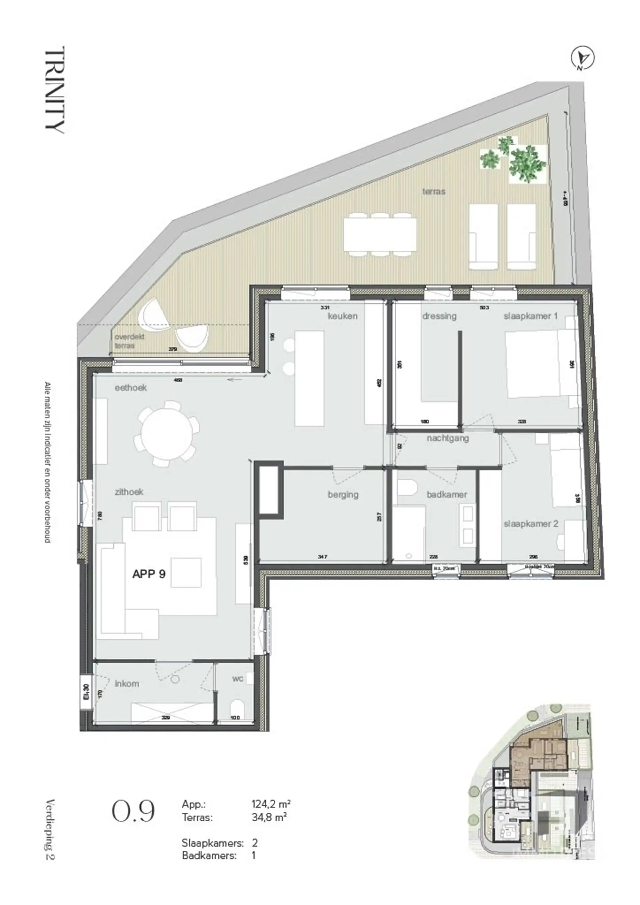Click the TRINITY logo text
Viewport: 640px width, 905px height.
click(x=55, y=90)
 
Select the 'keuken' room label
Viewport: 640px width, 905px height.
click(x=342, y=316)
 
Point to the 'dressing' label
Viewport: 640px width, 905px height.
click(x=439, y=316)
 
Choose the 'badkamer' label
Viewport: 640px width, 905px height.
click(x=447, y=494)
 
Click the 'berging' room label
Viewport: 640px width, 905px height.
click(x=343, y=494)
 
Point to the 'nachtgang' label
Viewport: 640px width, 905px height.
click(x=448, y=438)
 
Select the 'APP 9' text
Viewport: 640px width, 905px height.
click(x=149, y=574)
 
